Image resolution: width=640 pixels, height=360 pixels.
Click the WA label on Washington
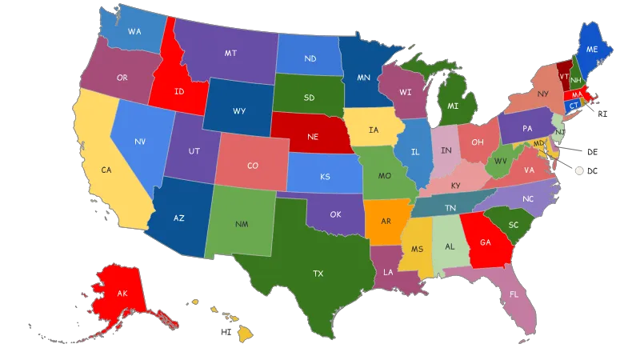[134, 31]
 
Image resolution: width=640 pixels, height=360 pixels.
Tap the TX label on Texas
[318, 274]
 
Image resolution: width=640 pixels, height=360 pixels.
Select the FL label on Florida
[513, 294]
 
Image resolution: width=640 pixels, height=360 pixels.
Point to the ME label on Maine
[592, 49]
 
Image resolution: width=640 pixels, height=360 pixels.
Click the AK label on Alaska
[122, 294]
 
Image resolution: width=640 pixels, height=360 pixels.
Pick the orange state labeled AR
[386, 221]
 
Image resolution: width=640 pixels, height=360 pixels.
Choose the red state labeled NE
[313, 137]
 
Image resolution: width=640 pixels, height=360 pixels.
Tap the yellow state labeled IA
[374, 130]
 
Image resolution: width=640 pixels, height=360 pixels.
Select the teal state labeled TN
[450, 207]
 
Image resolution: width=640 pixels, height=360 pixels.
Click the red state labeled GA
[485, 242]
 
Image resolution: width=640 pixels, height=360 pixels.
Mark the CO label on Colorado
[252, 166]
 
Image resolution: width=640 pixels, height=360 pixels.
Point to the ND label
[310, 58]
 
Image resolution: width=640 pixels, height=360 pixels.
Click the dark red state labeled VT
[564, 76]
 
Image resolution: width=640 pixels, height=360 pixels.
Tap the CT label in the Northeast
[574, 105]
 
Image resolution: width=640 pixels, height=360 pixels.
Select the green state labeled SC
[514, 225]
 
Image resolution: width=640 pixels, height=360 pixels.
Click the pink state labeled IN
[446, 151]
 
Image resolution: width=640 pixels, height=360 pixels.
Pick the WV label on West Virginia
[501, 161]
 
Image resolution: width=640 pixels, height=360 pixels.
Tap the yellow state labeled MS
[417, 249]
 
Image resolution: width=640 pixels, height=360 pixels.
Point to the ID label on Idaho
[179, 91]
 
